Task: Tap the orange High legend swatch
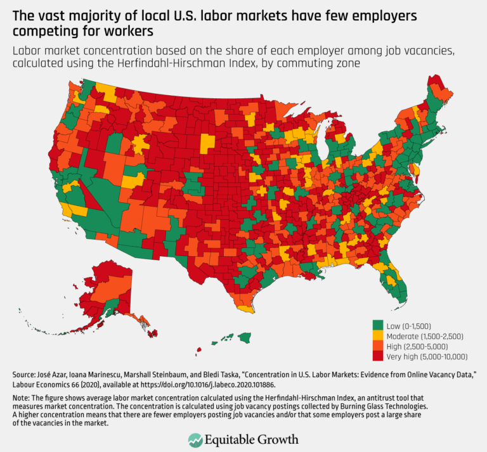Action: [x=377, y=347]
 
